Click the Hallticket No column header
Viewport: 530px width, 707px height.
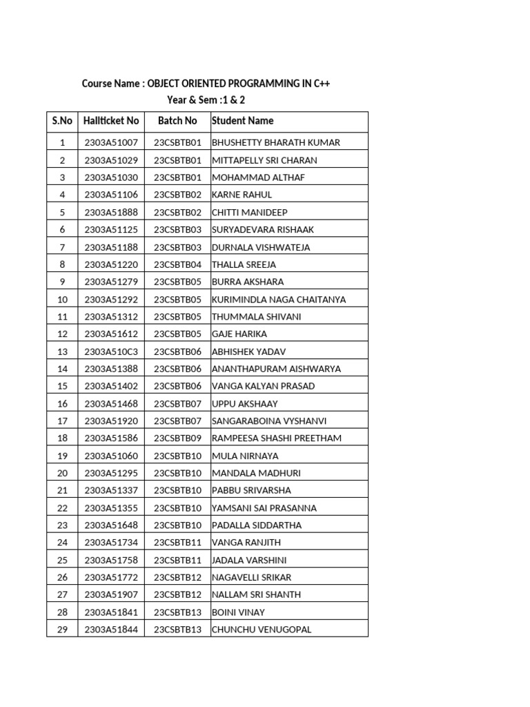pyautogui.click(x=110, y=121)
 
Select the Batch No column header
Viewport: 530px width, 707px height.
pyautogui.click(x=177, y=121)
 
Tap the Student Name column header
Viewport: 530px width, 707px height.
pyautogui.click(x=242, y=121)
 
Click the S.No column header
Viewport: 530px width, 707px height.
pyautogui.click(x=62, y=121)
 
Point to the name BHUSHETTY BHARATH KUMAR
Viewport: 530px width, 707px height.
pyautogui.click(x=276, y=143)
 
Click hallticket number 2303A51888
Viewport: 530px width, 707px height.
pyautogui.click(x=111, y=213)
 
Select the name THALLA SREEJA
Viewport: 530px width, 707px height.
pyautogui.click(x=244, y=264)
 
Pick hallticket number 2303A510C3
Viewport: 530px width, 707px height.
pyautogui.click(x=111, y=351)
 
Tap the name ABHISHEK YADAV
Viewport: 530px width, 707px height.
pyautogui.click(x=248, y=351)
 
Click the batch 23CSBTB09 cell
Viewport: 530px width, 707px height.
pyautogui.click(x=177, y=438)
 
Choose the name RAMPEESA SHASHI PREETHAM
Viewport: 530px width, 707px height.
pyautogui.click(x=277, y=438)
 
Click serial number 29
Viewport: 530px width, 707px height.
pyautogui.click(x=62, y=630)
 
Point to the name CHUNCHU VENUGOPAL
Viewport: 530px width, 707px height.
pyautogui.click(x=262, y=630)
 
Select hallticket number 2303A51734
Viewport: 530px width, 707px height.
pyautogui.click(x=111, y=543)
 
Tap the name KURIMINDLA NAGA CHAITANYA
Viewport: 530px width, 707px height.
pyautogui.click(x=279, y=300)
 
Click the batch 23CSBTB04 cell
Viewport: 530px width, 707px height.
pyautogui.click(x=177, y=264)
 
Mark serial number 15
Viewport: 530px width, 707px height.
pyautogui.click(x=62, y=387)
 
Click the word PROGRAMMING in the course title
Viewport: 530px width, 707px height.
pyautogui.click(x=266, y=84)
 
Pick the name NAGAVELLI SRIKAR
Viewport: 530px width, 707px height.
pyautogui.click(x=251, y=577)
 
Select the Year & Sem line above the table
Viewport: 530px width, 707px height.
pyautogui.click(x=206, y=101)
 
